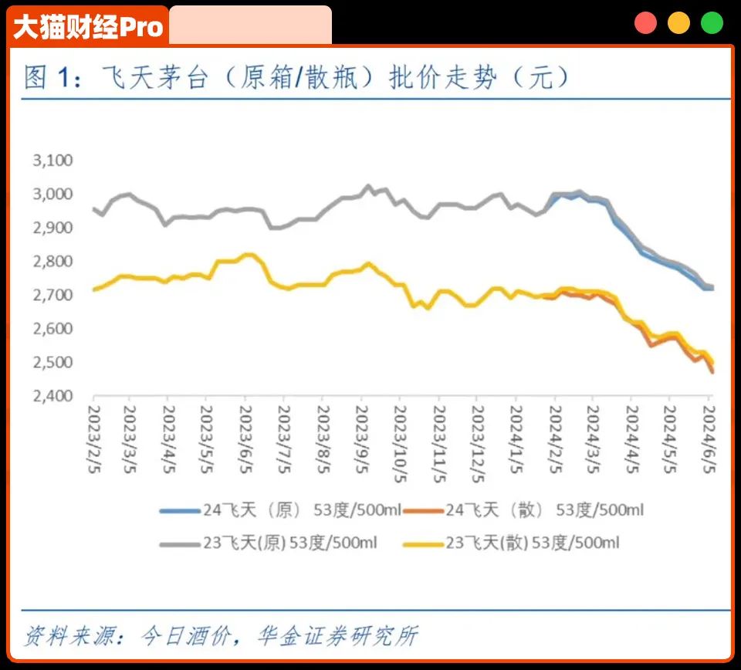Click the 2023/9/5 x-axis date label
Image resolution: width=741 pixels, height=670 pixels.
tap(360, 436)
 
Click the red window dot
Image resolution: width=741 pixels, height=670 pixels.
tap(645, 23)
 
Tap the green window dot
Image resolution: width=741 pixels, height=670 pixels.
tap(712, 23)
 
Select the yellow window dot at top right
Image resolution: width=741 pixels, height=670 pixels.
tap(678, 23)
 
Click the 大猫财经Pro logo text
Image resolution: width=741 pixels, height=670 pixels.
tap(89, 26)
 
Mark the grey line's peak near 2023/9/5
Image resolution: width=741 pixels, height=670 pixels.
tap(368, 186)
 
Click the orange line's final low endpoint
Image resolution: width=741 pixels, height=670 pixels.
tap(712, 372)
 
